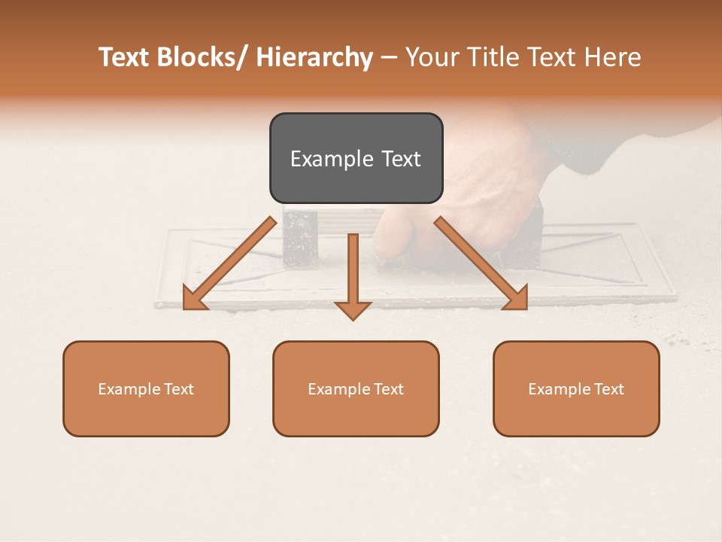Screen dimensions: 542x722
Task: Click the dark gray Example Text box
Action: (x=356, y=158)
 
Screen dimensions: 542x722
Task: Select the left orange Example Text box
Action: (x=146, y=388)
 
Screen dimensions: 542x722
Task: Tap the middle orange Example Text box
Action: (x=356, y=388)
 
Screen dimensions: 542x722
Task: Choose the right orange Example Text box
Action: (x=576, y=388)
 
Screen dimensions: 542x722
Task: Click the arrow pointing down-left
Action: (x=229, y=263)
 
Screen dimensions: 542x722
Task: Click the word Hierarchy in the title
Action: (x=314, y=58)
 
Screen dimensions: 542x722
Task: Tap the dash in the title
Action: (x=388, y=58)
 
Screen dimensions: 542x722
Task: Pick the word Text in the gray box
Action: (x=401, y=159)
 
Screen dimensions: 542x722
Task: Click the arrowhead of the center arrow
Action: (x=353, y=309)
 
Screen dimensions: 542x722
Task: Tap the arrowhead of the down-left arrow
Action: (x=194, y=299)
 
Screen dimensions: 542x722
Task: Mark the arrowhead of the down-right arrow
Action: (x=517, y=299)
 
